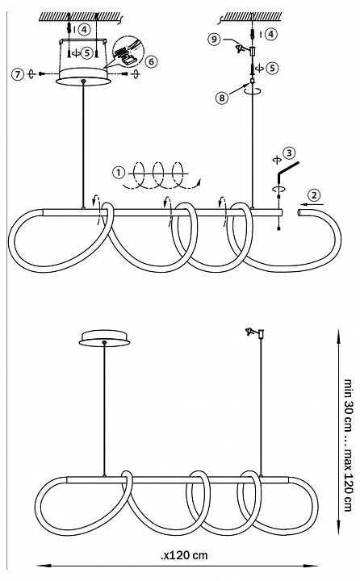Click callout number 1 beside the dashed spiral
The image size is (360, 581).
point(119,173)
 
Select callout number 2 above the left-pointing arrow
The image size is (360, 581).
point(314,194)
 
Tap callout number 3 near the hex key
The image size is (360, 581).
point(288,153)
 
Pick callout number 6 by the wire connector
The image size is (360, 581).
point(151,61)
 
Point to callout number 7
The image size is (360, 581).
point(17,73)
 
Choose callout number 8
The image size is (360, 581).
point(222,98)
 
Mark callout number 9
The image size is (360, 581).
point(214,39)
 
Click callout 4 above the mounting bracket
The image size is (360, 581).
point(85,29)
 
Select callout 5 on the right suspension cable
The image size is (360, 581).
point(272,68)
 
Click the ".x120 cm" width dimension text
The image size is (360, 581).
point(184,555)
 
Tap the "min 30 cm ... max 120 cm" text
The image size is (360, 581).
point(348,445)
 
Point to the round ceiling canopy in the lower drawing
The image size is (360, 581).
point(105,338)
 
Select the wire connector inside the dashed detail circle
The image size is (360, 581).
point(125,56)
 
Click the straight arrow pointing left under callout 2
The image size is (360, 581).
point(312,204)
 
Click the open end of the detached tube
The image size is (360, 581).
point(299,212)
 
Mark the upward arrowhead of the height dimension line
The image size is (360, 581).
point(337,336)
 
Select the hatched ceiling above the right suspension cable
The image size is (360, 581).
point(252,16)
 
